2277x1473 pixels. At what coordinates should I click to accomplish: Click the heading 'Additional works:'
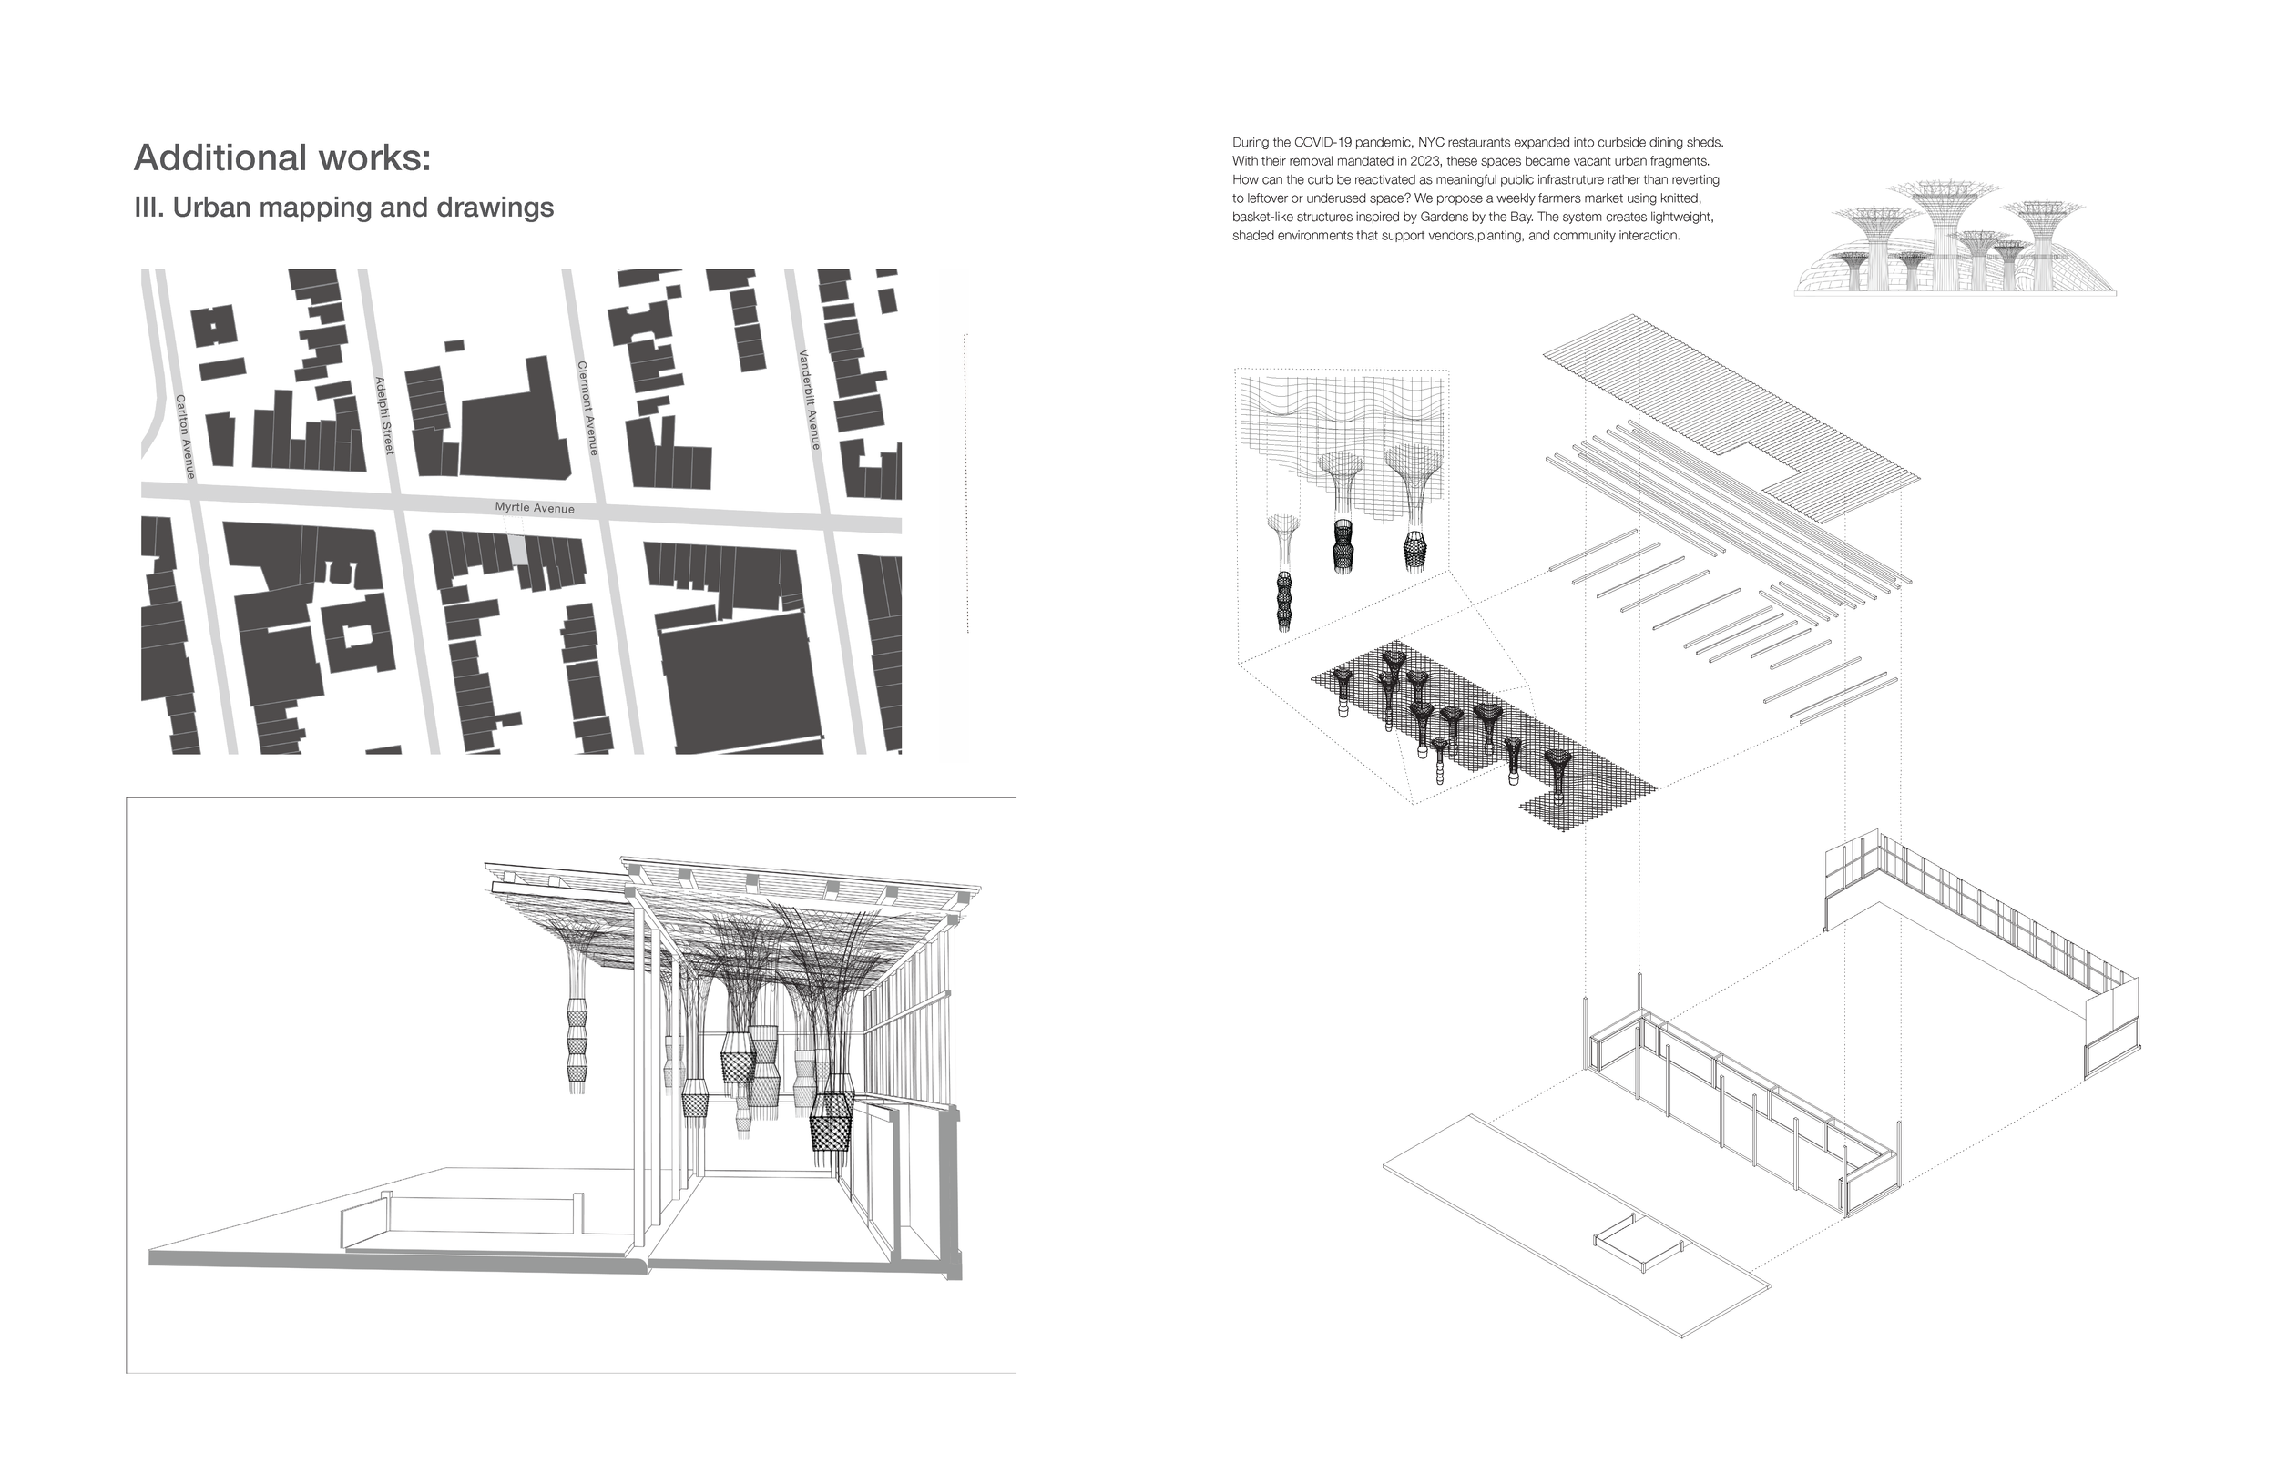coord(282,157)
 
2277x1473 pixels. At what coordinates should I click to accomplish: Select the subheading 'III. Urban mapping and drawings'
coord(343,208)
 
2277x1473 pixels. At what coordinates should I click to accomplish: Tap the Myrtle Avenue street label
coord(535,507)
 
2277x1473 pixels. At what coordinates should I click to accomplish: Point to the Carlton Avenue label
coord(186,436)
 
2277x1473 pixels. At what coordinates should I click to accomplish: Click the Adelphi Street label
coord(384,416)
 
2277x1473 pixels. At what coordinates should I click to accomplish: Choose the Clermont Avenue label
coord(587,409)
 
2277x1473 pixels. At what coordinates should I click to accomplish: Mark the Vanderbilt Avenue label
coord(810,399)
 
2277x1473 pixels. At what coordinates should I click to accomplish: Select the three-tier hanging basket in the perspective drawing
coord(577,1047)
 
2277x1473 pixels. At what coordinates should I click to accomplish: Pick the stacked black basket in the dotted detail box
coord(1283,601)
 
